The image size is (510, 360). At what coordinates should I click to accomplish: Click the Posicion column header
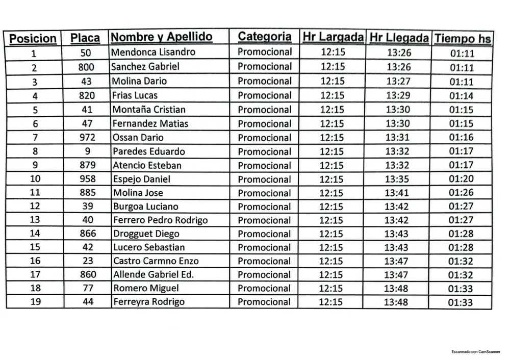click(33, 39)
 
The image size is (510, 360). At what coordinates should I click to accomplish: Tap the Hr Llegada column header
click(399, 38)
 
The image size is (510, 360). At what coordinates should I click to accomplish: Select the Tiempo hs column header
click(463, 39)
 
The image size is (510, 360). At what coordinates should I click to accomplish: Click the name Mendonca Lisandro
click(153, 52)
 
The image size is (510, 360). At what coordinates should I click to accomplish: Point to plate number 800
click(86, 67)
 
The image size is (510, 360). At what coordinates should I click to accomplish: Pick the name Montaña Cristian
click(149, 110)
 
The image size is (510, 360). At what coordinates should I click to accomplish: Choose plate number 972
click(86, 138)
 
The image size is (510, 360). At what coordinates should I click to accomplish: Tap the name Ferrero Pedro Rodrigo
click(160, 220)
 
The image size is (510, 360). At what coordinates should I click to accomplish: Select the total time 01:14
click(461, 96)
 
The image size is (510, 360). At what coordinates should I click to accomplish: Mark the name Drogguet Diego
click(146, 234)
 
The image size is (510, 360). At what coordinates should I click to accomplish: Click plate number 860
click(88, 274)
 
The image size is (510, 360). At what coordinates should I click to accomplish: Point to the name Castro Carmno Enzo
click(156, 261)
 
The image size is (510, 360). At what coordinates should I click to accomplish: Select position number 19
click(36, 301)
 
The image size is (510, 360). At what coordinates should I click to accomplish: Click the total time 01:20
click(461, 179)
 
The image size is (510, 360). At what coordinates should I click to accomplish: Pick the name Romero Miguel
click(146, 288)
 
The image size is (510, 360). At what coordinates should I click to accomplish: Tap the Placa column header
click(85, 38)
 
